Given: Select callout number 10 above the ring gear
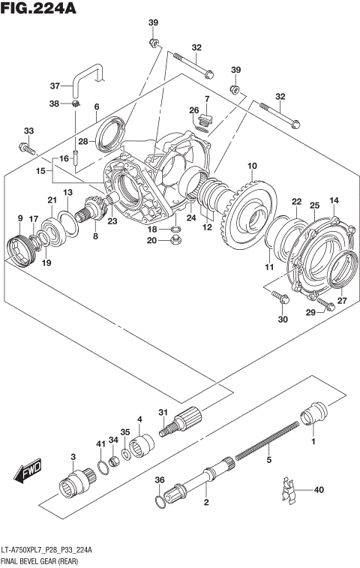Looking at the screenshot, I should pos(252,166).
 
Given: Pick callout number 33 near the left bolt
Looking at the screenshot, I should pos(28,131).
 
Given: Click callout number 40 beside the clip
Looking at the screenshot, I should pos(319,490).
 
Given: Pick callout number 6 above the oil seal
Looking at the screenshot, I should pos(96,107).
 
